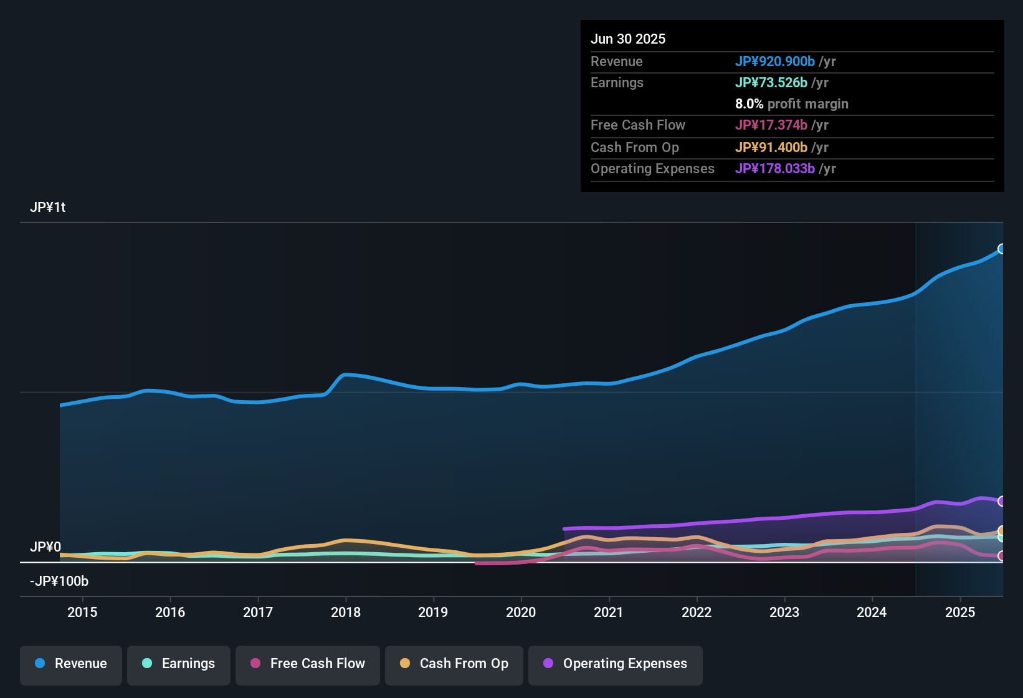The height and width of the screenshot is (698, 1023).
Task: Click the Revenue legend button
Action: click(x=71, y=664)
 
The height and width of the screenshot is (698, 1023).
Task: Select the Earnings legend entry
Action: click(x=179, y=664)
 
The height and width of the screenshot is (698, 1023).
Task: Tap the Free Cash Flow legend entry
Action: click(x=308, y=664)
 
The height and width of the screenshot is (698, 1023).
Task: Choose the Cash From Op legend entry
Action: click(x=454, y=664)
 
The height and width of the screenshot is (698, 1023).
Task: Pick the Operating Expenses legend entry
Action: click(x=616, y=664)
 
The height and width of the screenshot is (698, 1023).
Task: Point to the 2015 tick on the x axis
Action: click(x=82, y=612)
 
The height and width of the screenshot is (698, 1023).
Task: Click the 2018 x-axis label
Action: click(x=346, y=612)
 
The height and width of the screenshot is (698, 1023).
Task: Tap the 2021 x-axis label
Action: click(x=609, y=612)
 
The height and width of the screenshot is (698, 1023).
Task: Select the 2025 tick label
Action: click(x=960, y=612)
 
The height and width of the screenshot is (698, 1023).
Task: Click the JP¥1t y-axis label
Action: click(x=48, y=208)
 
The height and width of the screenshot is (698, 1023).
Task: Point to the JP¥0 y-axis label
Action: click(x=45, y=547)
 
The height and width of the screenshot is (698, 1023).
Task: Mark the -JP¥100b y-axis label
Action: click(x=59, y=581)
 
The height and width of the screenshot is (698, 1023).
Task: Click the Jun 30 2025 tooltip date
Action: click(x=628, y=39)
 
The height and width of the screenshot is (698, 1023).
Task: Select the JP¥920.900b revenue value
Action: click(x=775, y=61)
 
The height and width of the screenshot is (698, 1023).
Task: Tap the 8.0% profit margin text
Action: click(x=791, y=104)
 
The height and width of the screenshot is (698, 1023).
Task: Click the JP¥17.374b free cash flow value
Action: click(x=771, y=125)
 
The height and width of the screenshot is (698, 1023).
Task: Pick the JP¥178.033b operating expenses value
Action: click(x=775, y=169)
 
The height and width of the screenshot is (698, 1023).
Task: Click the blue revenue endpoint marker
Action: click(x=1001, y=249)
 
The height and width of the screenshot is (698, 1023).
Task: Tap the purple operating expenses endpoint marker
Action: click(x=1001, y=501)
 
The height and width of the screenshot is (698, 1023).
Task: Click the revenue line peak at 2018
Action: click(x=346, y=375)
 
